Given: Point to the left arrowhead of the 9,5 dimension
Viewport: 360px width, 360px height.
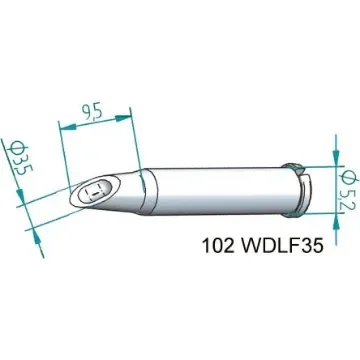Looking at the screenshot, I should [x=65, y=127].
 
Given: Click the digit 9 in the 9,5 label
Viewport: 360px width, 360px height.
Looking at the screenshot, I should [x=88, y=109].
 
